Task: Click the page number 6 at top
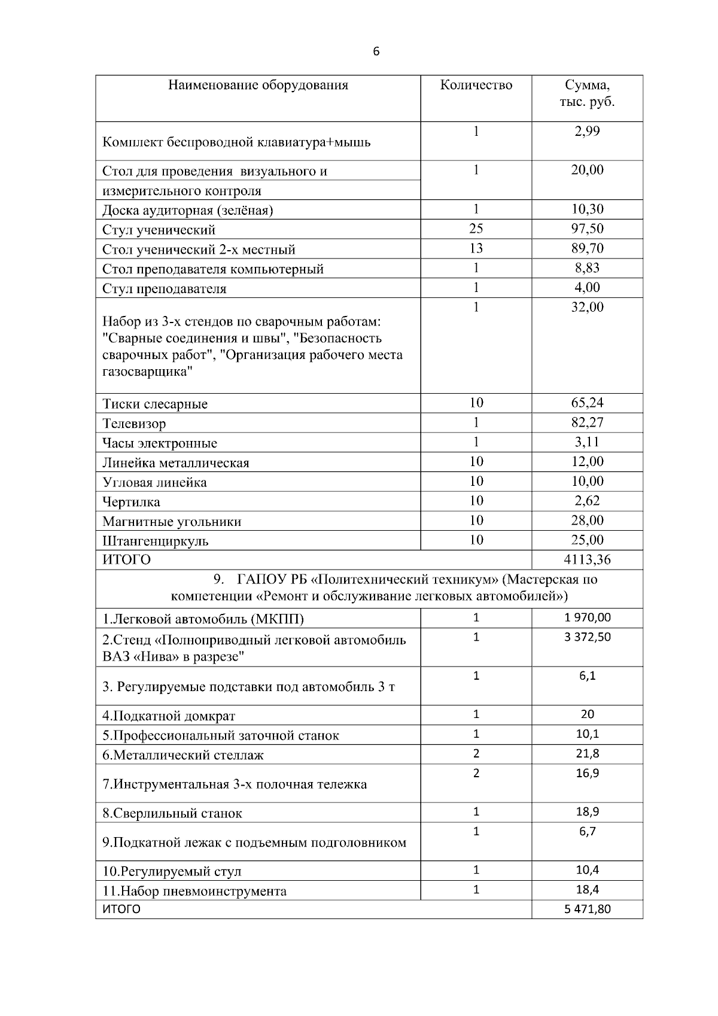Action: [x=376, y=51]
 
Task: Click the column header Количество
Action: [x=476, y=85]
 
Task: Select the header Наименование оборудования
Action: [x=258, y=85]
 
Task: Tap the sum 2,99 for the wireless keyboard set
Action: [x=587, y=132]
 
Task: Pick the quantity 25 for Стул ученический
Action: [x=476, y=229]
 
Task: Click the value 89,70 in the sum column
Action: [x=587, y=248]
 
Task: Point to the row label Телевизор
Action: [x=134, y=424]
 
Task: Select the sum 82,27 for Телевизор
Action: [x=587, y=422]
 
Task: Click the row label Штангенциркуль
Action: [x=156, y=541]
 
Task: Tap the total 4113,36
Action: [x=587, y=560]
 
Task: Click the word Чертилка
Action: [x=131, y=502]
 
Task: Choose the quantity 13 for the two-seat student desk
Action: [x=476, y=248]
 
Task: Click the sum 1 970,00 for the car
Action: [x=587, y=617]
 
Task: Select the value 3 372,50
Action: [x=587, y=637]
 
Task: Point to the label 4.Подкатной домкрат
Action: [x=169, y=716]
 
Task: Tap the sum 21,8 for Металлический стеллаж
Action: [x=587, y=754]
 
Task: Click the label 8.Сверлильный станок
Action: [x=172, y=813]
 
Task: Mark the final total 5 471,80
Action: [x=587, y=909]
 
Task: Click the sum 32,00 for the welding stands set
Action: [x=587, y=307]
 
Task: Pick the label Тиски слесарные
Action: [x=155, y=404]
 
